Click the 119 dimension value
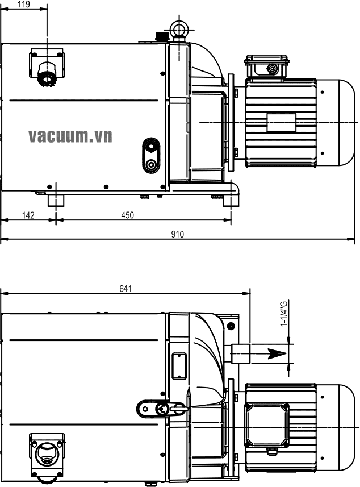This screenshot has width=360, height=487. [24, 4]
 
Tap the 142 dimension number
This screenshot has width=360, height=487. [28, 215]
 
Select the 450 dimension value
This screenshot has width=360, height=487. [128, 215]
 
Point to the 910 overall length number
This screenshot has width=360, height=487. [178, 234]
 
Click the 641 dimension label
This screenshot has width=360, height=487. [125, 289]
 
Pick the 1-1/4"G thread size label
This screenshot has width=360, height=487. [284, 313]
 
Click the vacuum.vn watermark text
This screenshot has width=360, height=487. [70, 136]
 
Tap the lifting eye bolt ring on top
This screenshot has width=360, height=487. [179, 29]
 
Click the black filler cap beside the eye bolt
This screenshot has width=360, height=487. [161, 36]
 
